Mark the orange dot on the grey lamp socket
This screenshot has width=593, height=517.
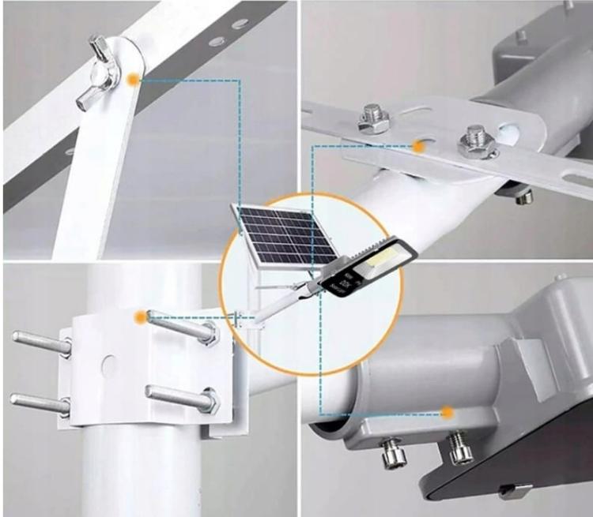[448, 412]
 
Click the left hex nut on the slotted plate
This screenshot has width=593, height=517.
[372, 118]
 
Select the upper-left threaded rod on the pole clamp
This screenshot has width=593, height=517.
[40, 345]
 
